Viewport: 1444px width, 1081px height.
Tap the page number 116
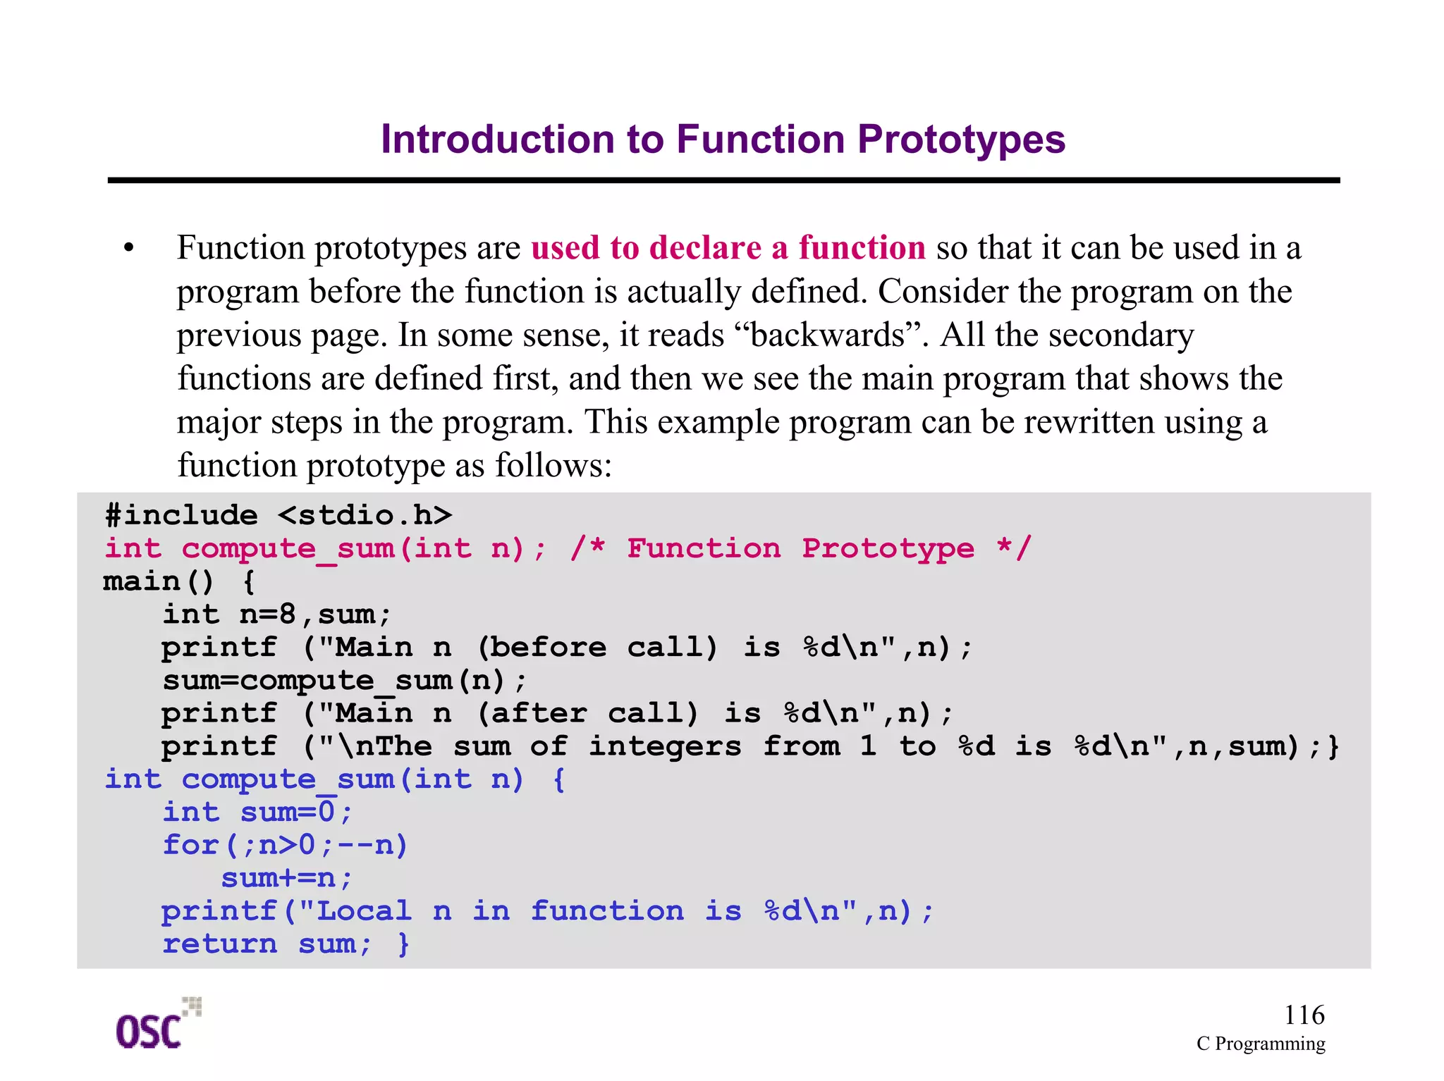(1304, 1015)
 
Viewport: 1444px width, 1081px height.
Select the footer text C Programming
(1260, 1044)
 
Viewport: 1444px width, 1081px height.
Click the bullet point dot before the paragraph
(128, 248)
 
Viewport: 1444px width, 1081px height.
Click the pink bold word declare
(704, 248)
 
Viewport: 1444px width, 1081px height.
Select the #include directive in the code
(181, 516)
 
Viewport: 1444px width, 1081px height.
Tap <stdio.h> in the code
(365, 516)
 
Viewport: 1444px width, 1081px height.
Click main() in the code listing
(159, 582)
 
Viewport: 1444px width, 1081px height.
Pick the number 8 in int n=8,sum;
(287, 614)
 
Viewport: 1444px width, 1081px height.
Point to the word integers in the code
(665, 746)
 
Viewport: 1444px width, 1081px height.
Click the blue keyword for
(191, 845)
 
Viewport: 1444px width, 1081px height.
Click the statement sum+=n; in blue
(286, 878)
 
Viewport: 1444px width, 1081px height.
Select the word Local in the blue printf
(363, 911)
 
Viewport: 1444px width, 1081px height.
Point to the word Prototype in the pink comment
(888, 548)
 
